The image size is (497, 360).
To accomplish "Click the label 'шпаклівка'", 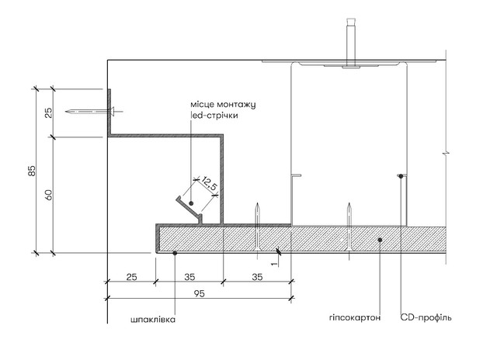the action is (153, 319).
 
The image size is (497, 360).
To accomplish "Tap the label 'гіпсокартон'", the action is (355, 317).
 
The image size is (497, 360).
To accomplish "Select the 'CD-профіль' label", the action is (426, 317).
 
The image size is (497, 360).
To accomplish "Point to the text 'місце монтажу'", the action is (223, 105).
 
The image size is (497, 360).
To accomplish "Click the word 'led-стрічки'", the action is (214, 115).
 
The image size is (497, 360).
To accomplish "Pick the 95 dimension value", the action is (199, 293).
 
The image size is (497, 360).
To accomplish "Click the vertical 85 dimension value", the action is (32, 171).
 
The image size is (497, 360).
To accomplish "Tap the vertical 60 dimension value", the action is (48, 195).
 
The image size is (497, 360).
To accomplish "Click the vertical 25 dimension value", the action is (48, 112).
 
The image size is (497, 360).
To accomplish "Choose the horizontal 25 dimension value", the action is (131, 277).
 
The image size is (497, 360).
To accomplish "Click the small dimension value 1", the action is (274, 263).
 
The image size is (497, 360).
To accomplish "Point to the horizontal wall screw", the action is (94, 112).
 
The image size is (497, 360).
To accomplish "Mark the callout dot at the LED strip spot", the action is (191, 203).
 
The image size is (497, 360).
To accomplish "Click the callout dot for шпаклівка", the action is (175, 253).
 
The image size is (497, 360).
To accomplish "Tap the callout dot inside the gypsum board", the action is (380, 240).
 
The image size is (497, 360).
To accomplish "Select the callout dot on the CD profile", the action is (401, 176).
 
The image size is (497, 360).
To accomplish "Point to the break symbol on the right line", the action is (446, 154).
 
